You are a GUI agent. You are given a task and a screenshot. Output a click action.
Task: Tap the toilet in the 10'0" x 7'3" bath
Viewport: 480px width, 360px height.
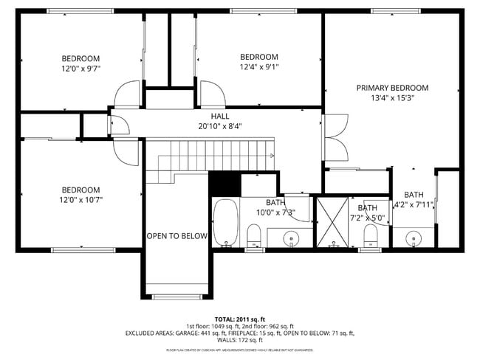tap(253, 236)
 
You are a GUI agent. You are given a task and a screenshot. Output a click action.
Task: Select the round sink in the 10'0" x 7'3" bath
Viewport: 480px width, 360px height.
tap(291, 238)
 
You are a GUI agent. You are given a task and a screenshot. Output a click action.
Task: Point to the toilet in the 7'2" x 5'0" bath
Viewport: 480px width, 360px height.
tap(371, 235)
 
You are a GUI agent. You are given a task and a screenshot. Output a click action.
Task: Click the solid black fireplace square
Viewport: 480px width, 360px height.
tap(224, 183)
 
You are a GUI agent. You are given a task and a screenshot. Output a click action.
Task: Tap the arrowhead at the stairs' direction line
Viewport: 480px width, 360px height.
tap(273, 156)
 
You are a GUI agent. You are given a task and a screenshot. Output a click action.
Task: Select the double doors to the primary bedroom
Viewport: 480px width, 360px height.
tap(335, 137)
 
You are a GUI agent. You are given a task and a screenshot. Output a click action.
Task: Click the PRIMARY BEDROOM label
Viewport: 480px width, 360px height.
tap(392, 88)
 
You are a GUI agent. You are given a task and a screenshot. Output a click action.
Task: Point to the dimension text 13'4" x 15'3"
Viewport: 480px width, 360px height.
tap(392, 98)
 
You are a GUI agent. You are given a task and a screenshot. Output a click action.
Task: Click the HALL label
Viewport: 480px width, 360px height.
tap(220, 117)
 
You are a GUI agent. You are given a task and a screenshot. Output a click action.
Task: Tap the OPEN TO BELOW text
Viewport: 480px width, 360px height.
tap(176, 236)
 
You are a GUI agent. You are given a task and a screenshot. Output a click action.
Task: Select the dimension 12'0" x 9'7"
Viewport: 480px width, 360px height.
tap(80, 68)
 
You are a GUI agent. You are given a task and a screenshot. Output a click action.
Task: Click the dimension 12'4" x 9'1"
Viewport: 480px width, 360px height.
tap(259, 66)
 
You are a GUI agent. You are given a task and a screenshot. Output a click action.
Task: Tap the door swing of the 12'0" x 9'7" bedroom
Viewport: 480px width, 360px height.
tap(126, 94)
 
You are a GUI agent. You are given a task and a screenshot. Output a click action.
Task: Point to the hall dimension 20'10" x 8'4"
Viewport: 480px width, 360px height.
tap(220, 126)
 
